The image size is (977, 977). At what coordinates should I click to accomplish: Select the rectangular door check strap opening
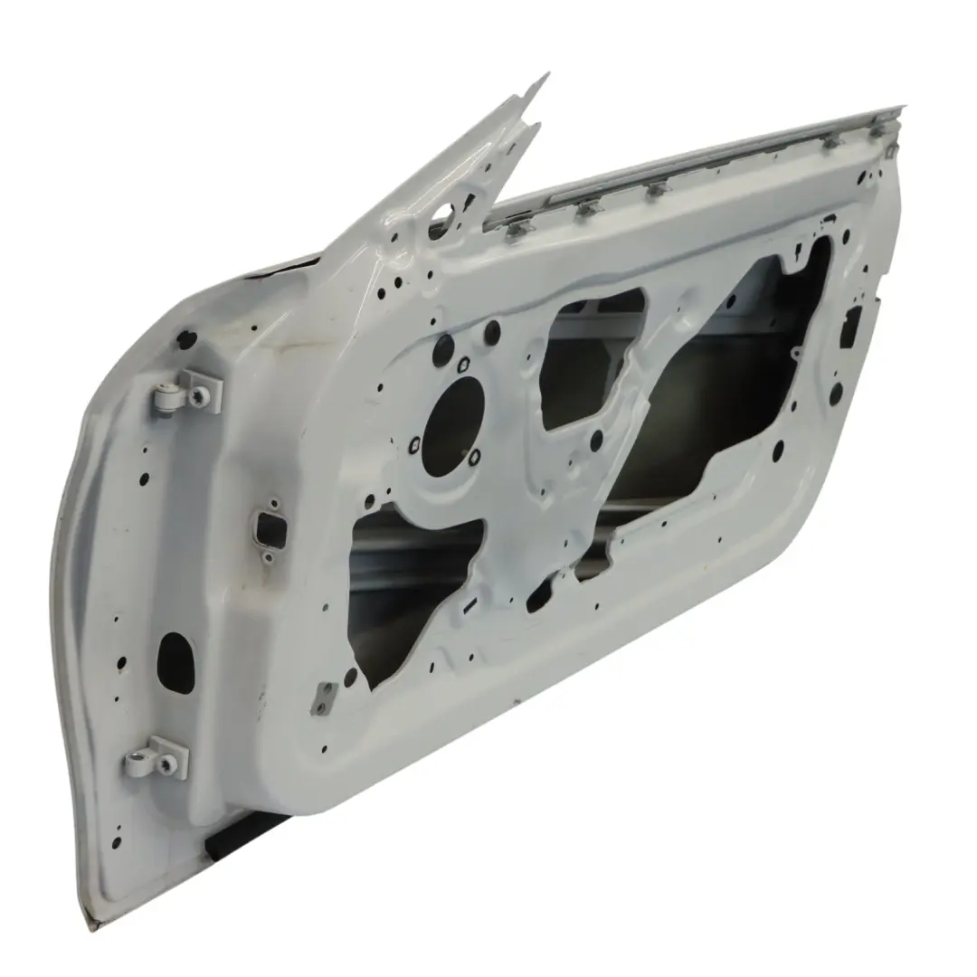(x=270, y=525)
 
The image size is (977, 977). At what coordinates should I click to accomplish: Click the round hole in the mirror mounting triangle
(x=444, y=214)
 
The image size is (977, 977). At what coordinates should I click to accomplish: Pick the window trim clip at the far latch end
(x=877, y=129)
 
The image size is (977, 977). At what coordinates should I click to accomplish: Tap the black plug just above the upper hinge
(x=187, y=340)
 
